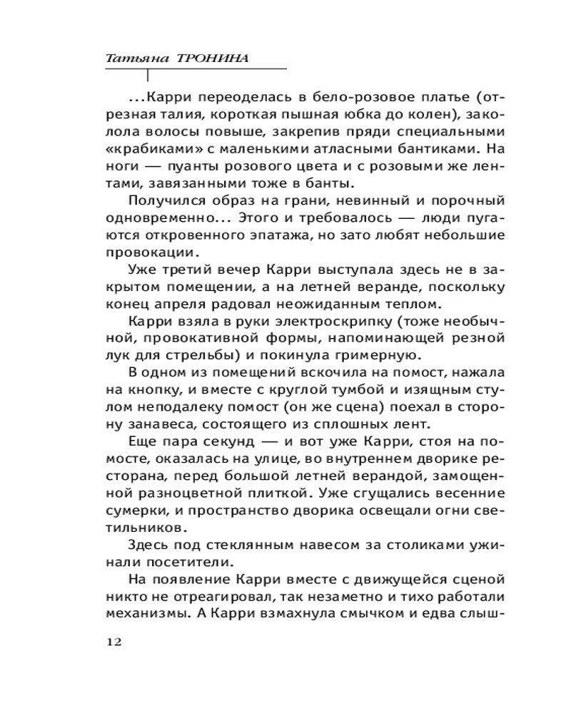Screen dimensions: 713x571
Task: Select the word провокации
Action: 148,252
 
